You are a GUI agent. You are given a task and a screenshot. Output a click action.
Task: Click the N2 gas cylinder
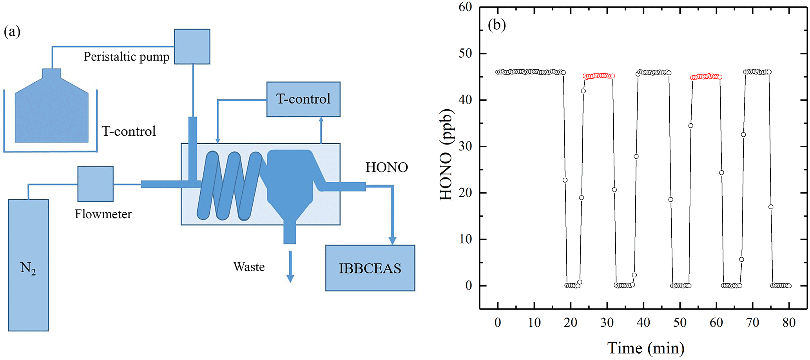click(29, 265)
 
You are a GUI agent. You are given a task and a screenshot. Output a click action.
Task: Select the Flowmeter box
click(96, 184)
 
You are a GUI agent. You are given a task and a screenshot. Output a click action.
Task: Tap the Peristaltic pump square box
click(192, 47)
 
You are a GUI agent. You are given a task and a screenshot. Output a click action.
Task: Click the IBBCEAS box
click(370, 268)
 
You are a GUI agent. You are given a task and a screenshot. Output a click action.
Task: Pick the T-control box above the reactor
click(303, 99)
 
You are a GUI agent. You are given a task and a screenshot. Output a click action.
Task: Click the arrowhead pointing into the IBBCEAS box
click(392, 241)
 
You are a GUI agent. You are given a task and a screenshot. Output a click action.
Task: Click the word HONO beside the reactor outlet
click(386, 168)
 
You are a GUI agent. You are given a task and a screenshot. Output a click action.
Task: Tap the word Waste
click(249, 267)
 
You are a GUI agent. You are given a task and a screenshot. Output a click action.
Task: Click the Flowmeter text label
click(103, 214)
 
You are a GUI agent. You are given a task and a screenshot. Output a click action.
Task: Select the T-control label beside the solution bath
click(129, 131)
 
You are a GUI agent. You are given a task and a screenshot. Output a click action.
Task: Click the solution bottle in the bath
click(51, 110)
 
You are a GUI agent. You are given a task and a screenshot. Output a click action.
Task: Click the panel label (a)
click(12, 31)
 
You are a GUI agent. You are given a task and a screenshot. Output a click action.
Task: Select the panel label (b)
click(497, 25)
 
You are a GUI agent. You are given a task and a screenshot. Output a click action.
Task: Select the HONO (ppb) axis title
click(446, 155)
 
